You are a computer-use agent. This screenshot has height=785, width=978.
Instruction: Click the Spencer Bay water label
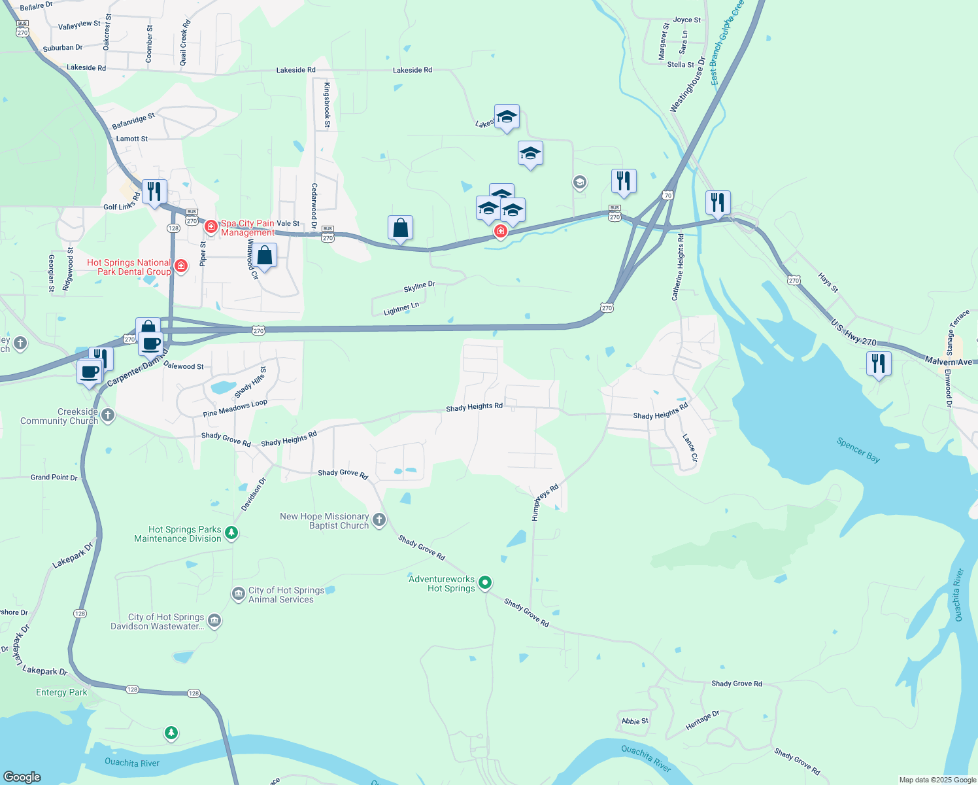[858, 449]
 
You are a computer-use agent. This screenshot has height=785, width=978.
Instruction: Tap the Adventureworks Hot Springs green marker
[485, 582]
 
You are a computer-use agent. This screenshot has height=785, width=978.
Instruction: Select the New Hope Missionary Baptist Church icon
[379, 521]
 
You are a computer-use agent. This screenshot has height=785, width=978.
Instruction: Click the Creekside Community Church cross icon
[108, 415]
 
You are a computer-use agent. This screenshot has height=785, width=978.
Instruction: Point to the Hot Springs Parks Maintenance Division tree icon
[231, 533]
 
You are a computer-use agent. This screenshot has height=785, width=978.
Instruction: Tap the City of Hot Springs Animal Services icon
[238, 594]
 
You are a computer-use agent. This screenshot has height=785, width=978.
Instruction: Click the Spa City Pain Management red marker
[211, 227]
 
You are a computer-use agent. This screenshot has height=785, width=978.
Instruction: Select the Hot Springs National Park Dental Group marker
[181, 266]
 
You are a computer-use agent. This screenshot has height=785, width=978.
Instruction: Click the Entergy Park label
[61, 692]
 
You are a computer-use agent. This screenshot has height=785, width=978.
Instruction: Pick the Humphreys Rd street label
[545, 502]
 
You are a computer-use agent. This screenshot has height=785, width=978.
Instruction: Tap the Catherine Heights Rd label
[677, 268]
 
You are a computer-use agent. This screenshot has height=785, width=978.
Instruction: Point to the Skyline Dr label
[419, 287]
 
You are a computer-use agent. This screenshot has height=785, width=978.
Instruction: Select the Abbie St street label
[635, 721]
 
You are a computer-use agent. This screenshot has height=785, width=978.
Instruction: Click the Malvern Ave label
[948, 361]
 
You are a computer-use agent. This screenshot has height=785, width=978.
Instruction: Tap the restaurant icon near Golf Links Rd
[154, 192]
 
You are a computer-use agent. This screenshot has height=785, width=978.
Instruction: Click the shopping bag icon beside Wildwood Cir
[265, 255]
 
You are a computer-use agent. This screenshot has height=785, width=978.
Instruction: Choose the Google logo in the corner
[22, 776]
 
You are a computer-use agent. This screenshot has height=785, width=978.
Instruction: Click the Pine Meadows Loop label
[235, 408]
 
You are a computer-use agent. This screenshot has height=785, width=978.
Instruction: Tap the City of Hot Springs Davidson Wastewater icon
[214, 621]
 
